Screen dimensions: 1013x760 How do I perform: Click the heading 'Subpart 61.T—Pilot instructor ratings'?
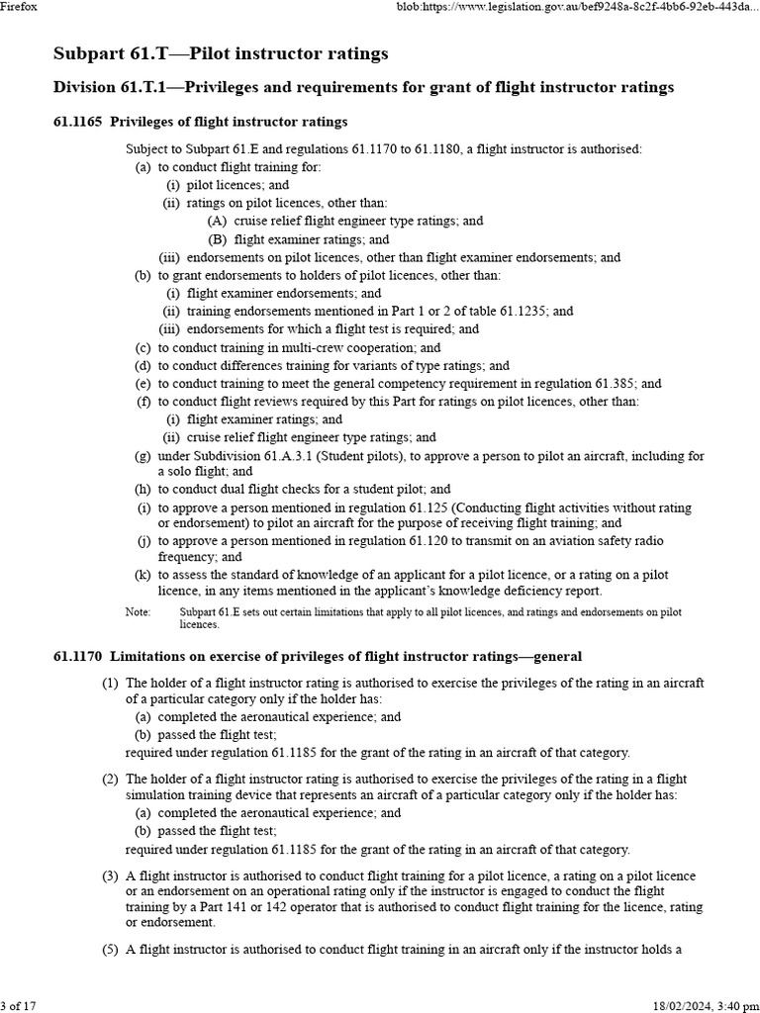pos(220,52)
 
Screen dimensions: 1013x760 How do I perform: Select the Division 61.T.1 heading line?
pos(362,88)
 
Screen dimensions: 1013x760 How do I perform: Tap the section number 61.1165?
pos(77,122)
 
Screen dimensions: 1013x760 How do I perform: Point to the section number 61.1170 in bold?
pos(77,656)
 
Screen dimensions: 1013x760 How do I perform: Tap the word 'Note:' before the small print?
pos(138,612)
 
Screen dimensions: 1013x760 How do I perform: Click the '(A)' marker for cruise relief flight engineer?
pos(217,222)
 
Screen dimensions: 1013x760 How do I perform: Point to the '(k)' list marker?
pos(142,575)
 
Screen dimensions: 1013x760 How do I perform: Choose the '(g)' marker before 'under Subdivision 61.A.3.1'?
pos(142,456)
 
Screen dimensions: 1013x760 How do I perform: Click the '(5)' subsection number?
pos(110,951)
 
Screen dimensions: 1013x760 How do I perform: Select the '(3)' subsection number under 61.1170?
pos(110,876)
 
